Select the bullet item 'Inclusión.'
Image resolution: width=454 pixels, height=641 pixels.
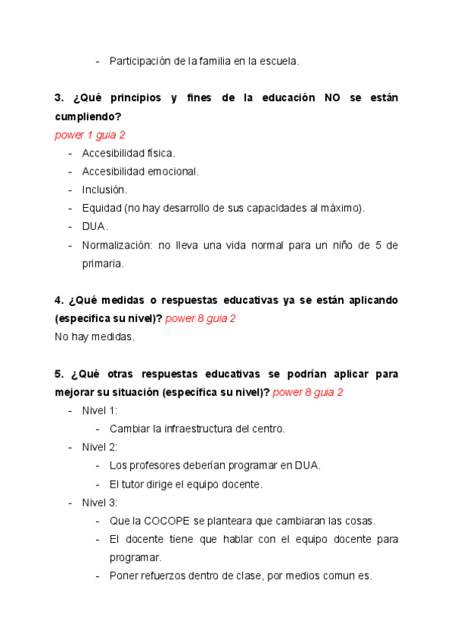pyautogui.click(x=104, y=190)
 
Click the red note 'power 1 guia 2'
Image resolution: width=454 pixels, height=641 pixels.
pyautogui.click(x=90, y=135)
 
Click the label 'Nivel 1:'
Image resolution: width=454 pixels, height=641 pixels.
pyautogui.click(x=100, y=410)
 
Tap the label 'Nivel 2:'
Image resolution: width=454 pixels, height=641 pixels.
pyautogui.click(x=100, y=447)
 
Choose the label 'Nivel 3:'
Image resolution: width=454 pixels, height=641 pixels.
pyautogui.click(x=100, y=503)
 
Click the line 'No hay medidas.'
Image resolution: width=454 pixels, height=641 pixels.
pyautogui.click(x=95, y=336)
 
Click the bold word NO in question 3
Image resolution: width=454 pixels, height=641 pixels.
pyautogui.click(x=332, y=98)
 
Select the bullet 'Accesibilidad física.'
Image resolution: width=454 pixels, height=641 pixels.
pyautogui.click(x=128, y=153)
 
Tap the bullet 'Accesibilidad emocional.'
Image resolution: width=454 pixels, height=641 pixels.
pyautogui.click(x=140, y=172)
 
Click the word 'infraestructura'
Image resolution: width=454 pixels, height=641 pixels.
pyautogui.click(x=197, y=429)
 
